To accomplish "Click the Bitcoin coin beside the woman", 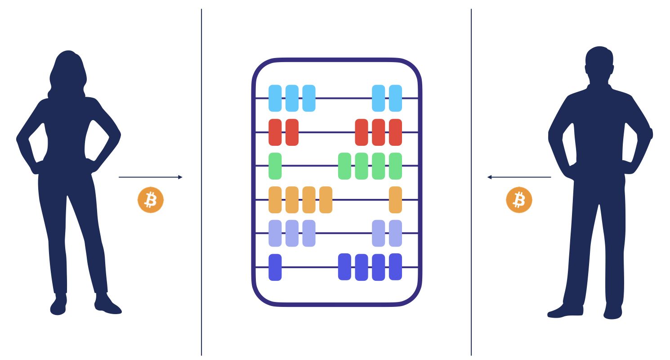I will click(151, 200).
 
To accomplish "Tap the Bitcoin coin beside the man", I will click(519, 200).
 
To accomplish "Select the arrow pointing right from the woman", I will click(151, 177).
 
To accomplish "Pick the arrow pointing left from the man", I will click(519, 177).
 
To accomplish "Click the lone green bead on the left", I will click(275, 166).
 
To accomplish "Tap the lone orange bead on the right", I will click(395, 200).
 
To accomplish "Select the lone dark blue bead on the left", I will click(275, 267).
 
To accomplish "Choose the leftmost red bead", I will click(275, 132).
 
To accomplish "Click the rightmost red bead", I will click(395, 132).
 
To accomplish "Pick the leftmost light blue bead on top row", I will click(275, 98).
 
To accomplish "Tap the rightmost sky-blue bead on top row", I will click(395, 98).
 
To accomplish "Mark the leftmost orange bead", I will click(275, 200).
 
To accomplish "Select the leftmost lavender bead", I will click(275, 233).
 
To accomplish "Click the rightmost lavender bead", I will click(395, 233).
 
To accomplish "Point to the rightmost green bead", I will click(395, 166).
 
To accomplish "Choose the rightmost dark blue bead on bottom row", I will click(395, 267).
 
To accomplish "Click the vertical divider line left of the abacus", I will click(201, 270).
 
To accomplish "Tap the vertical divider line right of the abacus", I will click(471, 270).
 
